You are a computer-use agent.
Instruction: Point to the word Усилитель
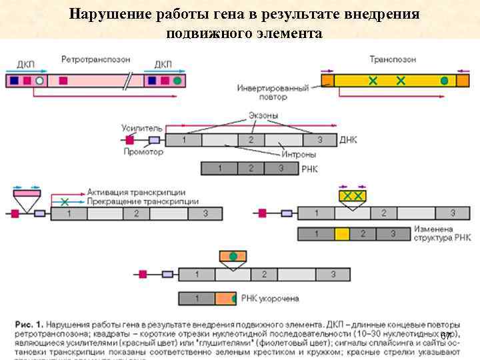point(141,127)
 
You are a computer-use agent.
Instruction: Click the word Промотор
point(143,152)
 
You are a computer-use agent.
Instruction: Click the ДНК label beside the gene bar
point(348,140)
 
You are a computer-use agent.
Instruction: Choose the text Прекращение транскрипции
point(142,201)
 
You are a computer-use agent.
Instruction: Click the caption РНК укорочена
point(270,299)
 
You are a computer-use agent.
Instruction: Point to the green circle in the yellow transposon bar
point(444,81)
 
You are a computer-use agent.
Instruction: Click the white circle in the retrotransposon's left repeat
point(40,81)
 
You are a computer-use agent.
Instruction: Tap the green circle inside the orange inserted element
point(233,257)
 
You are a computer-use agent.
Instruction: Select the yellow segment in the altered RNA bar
point(342,234)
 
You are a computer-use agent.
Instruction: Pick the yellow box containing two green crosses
point(353,196)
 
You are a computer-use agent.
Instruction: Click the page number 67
point(446,335)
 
